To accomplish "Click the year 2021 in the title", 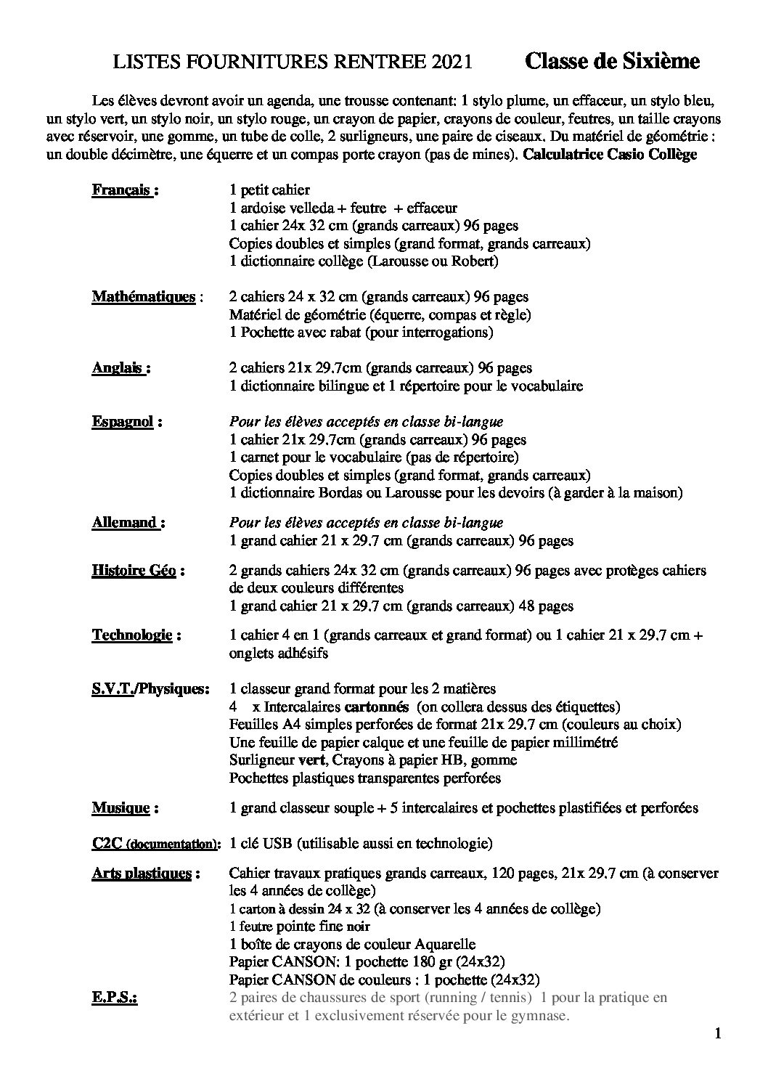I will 452,63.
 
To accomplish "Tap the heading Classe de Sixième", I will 612,62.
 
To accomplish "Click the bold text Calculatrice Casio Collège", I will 610,155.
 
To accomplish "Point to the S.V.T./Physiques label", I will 150,688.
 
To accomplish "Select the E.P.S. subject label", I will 115,998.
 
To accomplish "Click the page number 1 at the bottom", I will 718,1035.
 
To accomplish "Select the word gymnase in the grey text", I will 539,1015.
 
